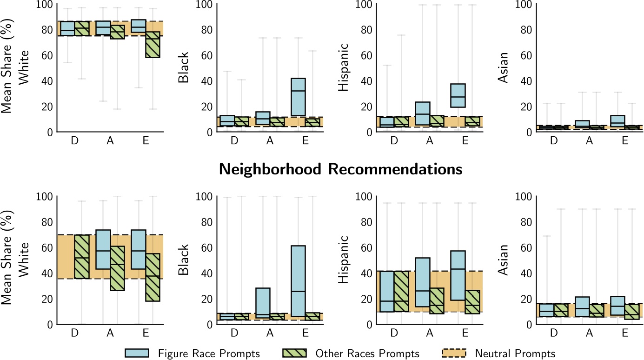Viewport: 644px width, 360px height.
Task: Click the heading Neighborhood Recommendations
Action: point(340,170)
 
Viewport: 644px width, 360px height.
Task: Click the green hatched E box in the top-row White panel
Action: point(153,45)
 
